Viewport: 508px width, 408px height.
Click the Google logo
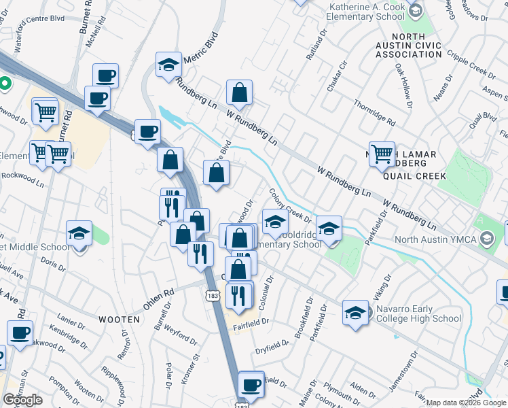tap(22, 400)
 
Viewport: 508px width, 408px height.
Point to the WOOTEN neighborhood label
tap(119, 318)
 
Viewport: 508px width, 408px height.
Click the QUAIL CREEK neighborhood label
tap(414, 175)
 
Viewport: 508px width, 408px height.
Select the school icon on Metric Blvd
tap(168, 65)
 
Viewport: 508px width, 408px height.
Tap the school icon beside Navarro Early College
tap(355, 313)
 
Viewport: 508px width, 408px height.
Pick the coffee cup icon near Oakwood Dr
tap(20, 333)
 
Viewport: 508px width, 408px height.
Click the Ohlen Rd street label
tap(159, 300)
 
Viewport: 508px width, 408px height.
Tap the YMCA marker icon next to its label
tap(487, 239)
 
